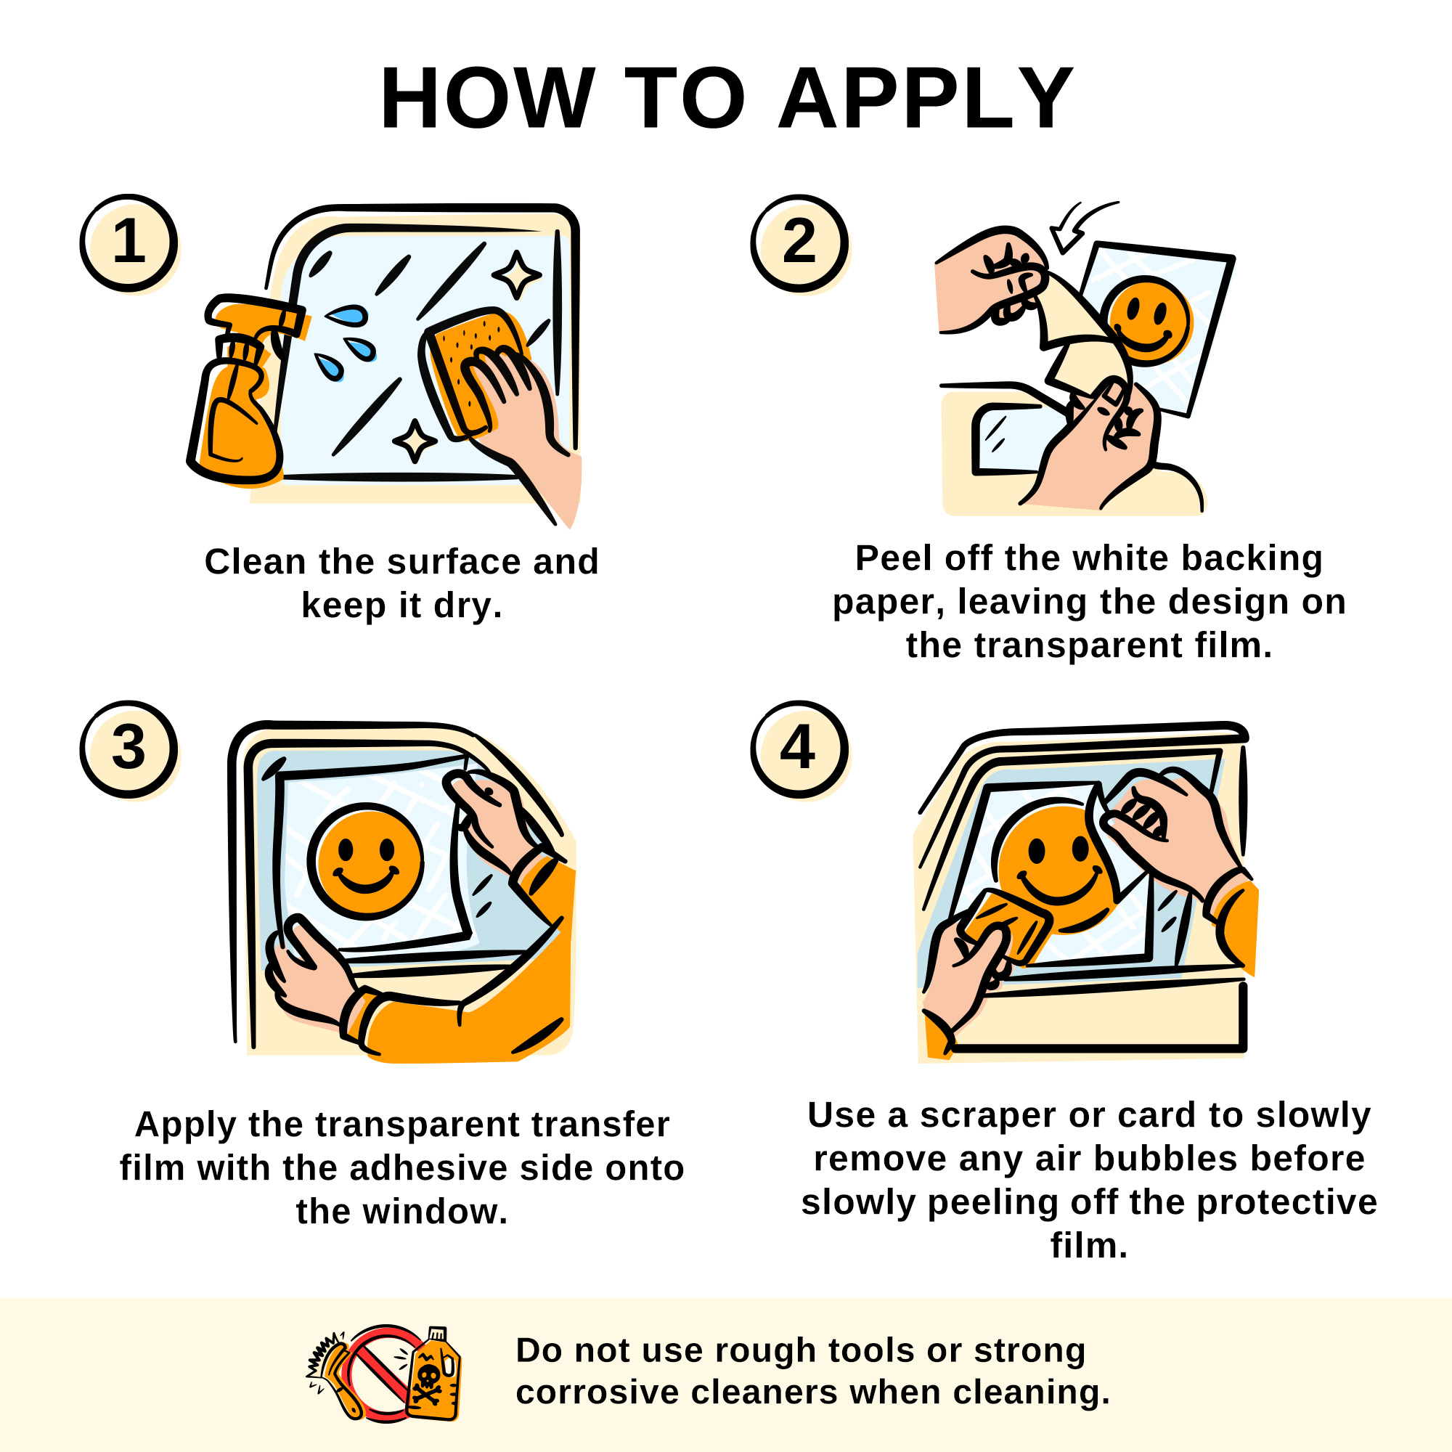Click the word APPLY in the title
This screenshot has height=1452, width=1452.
click(925, 99)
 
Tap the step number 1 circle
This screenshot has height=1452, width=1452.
click(129, 242)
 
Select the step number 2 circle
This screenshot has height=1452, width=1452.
click(799, 242)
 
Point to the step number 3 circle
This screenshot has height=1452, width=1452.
click(129, 749)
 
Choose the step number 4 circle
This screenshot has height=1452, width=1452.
click(799, 749)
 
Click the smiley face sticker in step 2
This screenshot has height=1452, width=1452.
click(1147, 320)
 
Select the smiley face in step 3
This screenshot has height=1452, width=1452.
click(365, 861)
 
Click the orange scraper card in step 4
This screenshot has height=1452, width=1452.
click(1006, 927)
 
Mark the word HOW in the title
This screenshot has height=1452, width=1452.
click(488, 99)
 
